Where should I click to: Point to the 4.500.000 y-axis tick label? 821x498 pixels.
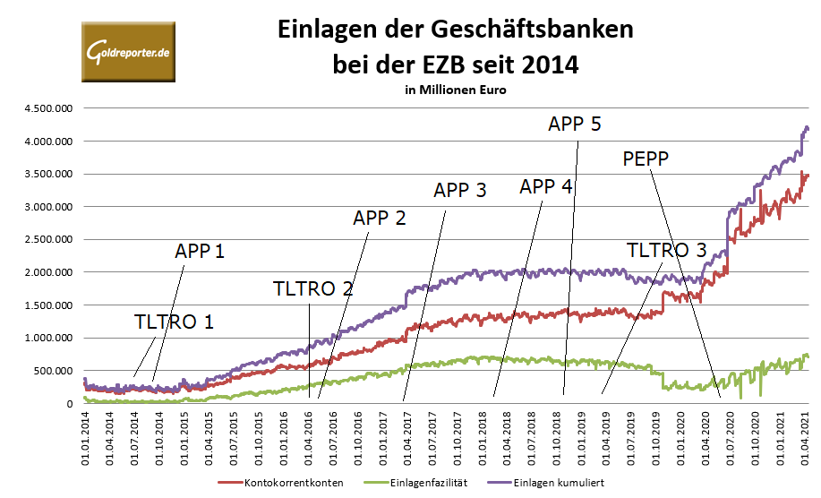click(48, 108)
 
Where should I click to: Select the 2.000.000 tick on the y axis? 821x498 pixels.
click(48, 272)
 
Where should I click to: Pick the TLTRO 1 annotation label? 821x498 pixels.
click(174, 322)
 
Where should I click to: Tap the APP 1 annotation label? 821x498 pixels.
click(200, 251)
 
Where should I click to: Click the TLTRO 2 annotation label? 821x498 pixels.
click(313, 288)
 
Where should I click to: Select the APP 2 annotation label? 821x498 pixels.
click(380, 218)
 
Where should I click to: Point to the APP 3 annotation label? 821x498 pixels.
click(460, 190)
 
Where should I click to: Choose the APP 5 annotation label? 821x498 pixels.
click(574, 124)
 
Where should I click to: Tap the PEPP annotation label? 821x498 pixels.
click(646, 159)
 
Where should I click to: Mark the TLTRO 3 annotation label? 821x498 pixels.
click(666, 249)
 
